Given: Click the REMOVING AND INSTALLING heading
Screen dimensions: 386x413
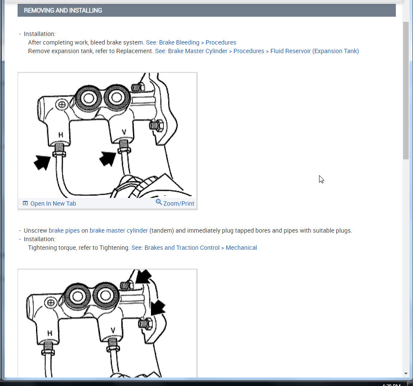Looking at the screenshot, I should pyautogui.click(x=63, y=10).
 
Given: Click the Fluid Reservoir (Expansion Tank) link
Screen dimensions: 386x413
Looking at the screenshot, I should pyautogui.click(x=314, y=51).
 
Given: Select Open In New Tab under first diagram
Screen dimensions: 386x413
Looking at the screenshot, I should pyautogui.click(x=53, y=203).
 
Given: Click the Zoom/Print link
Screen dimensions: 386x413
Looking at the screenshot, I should pyautogui.click(x=178, y=203).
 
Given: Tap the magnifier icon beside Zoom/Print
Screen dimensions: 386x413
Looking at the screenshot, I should pyautogui.click(x=159, y=203).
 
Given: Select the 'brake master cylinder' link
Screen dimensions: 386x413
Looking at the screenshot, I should pyautogui.click(x=118, y=230).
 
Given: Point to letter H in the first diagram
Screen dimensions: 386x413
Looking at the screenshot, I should pyautogui.click(x=61, y=135).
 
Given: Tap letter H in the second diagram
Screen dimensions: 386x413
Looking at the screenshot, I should pyautogui.click(x=50, y=332).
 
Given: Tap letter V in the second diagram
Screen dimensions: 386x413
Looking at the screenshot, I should pyautogui.click(x=113, y=330).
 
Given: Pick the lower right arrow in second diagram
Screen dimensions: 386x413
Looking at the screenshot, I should pyautogui.click(x=158, y=307).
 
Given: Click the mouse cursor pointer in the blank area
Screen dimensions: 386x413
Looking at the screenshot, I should pyautogui.click(x=321, y=179).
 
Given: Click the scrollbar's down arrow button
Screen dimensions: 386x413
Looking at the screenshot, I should pyautogui.click(x=406, y=373).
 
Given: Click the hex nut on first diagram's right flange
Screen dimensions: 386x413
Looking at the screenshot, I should pyautogui.click(x=155, y=126).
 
